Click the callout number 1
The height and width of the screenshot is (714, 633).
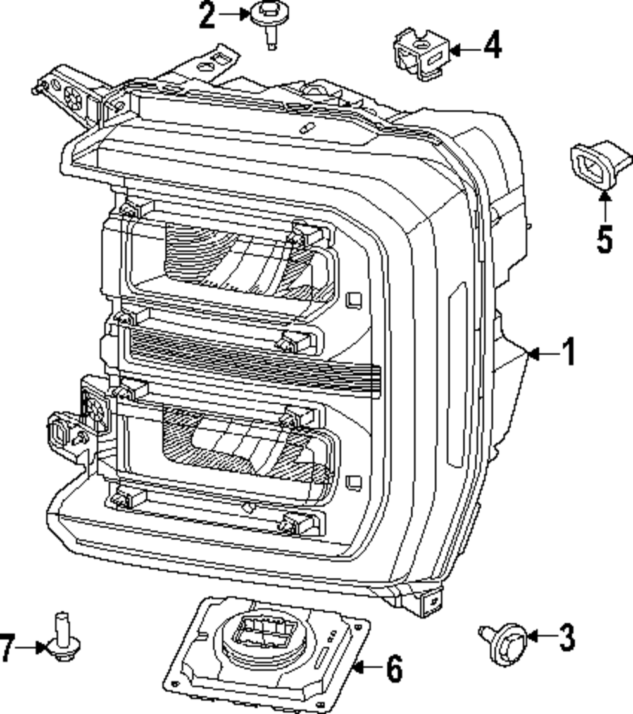point(569,352)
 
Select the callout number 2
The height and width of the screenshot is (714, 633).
point(208,16)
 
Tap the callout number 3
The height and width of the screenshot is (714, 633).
point(565,637)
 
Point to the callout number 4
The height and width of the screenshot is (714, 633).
point(492,47)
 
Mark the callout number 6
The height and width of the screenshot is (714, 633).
point(394,668)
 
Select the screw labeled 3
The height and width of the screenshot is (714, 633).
point(507,643)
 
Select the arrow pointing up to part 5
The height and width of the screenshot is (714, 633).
point(605,207)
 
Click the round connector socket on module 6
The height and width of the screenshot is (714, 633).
point(263,634)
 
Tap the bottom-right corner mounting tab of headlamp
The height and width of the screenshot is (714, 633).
point(430,602)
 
